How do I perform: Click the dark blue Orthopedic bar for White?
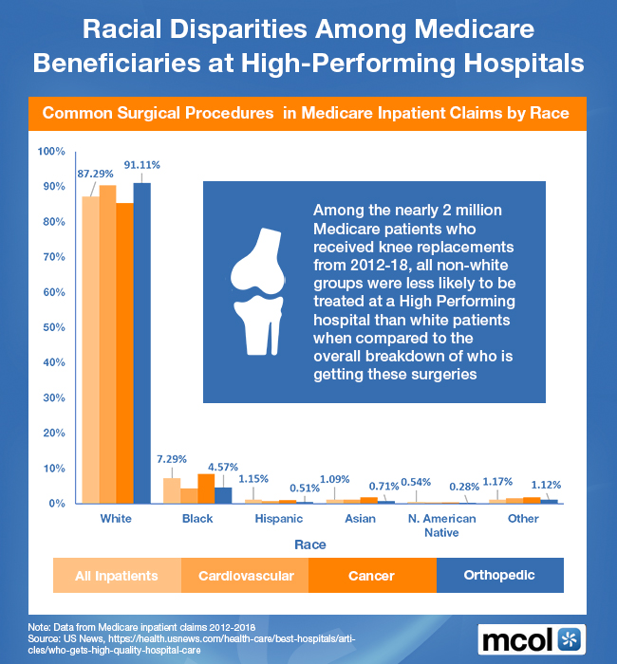pyautogui.click(x=141, y=342)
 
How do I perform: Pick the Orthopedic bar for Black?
pyautogui.click(x=223, y=494)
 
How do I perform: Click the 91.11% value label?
pyautogui.click(x=142, y=164)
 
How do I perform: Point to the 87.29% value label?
pyautogui.click(x=96, y=174)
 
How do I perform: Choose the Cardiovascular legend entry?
pyautogui.click(x=244, y=575)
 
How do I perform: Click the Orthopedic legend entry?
pyautogui.click(x=499, y=575)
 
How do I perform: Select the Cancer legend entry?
pyautogui.click(x=371, y=575)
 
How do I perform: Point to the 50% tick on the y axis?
pyautogui.click(x=50, y=327)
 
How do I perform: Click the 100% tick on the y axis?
pyautogui.click(x=48, y=152)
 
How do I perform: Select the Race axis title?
pyautogui.click(x=310, y=544)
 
